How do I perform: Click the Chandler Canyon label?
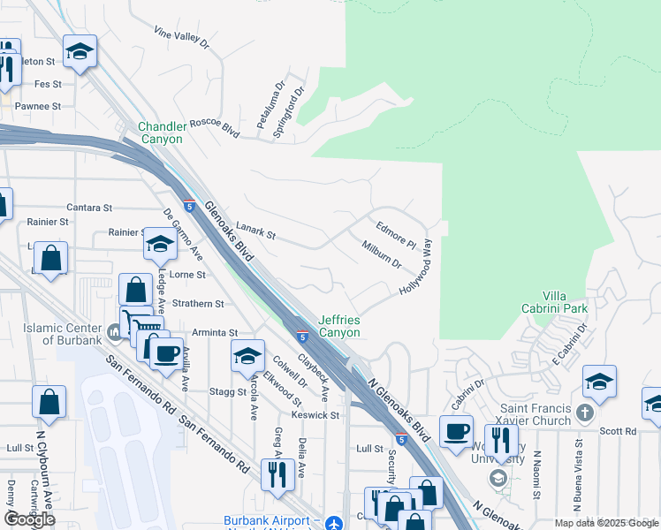click(160, 132)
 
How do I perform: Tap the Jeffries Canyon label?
click(339, 326)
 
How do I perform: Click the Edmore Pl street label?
click(396, 233)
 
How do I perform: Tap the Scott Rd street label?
click(618, 431)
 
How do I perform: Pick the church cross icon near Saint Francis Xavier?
click(585, 413)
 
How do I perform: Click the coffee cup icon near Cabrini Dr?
click(456, 431)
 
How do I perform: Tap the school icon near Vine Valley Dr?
click(80, 52)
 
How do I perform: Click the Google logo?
click(29, 519)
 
